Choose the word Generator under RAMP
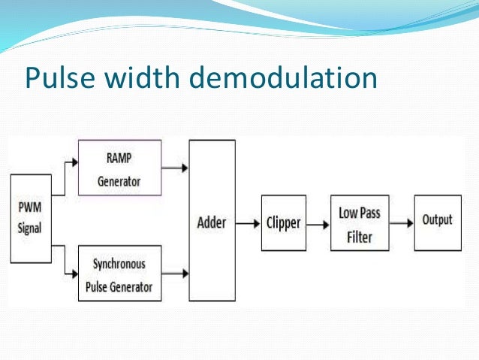pyautogui.click(x=119, y=182)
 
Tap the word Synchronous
pyautogui.click(x=119, y=265)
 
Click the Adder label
pyautogui.click(x=211, y=222)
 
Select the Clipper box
pyautogui.click(x=283, y=222)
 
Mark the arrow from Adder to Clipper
pyautogui.click(x=246, y=222)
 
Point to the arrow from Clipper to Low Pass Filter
pyautogui.click(x=318, y=222)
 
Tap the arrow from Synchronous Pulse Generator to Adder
pyautogui.click(x=175, y=273)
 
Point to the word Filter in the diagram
pyautogui.click(x=359, y=237)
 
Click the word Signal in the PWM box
pyautogui.click(x=30, y=227)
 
